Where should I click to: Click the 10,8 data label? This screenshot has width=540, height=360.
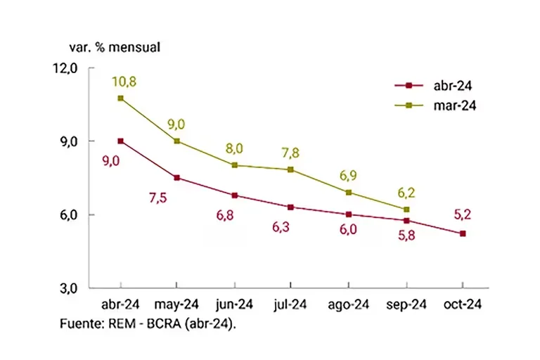(x=124, y=82)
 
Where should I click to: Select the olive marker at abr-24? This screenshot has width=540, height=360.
(x=121, y=98)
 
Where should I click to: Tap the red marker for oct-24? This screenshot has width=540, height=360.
(x=463, y=233)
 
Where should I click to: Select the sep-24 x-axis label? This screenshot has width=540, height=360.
(x=406, y=305)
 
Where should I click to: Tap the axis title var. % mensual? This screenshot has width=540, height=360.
(x=115, y=48)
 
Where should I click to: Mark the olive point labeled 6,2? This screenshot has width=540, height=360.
(x=406, y=210)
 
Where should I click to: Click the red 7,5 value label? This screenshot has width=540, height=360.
(x=177, y=199)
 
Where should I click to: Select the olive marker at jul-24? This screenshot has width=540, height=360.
(x=291, y=169)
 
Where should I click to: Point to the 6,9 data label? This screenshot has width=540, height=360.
(x=349, y=174)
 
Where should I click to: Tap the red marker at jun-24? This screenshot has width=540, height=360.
(x=234, y=195)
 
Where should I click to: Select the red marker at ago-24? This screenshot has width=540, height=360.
(x=349, y=214)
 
